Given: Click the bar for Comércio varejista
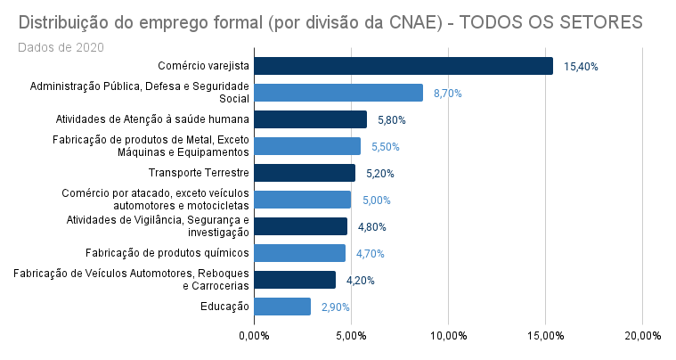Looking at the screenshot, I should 403,66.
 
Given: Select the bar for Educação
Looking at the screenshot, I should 282,307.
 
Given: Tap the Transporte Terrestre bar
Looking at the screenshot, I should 305,173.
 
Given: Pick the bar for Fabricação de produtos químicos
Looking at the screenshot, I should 299,253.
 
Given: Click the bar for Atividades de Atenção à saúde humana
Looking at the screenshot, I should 311,119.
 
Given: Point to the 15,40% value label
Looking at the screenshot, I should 581,67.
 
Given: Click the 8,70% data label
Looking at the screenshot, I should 448,94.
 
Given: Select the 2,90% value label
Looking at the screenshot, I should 336,307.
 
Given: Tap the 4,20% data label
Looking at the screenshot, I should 361,281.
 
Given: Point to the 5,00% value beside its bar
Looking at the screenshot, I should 376,200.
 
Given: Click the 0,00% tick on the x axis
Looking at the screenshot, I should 255,336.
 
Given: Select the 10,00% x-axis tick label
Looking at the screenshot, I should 449,336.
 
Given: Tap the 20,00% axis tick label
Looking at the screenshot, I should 642,336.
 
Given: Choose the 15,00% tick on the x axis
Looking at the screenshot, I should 545,336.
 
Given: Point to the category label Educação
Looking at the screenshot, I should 224,307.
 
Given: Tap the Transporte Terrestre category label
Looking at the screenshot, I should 199,173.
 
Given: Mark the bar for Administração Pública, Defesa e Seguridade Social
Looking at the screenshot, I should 338,93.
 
